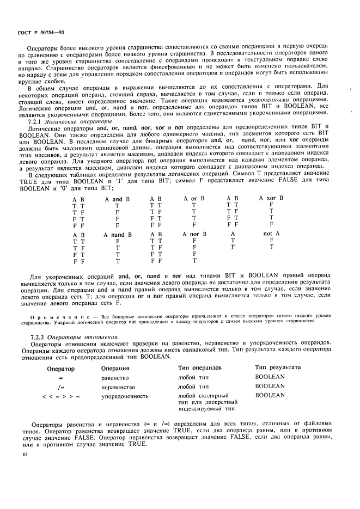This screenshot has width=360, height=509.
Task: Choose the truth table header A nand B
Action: click(118, 235)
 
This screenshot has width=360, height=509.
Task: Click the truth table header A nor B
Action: click(194, 234)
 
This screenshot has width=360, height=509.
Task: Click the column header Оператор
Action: click(61, 369)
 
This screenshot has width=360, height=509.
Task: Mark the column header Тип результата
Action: click(277, 368)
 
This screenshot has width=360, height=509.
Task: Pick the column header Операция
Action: click(115, 369)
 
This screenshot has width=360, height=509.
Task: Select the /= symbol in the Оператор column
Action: click(62, 386)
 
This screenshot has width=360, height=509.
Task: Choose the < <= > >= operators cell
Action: click(61, 396)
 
